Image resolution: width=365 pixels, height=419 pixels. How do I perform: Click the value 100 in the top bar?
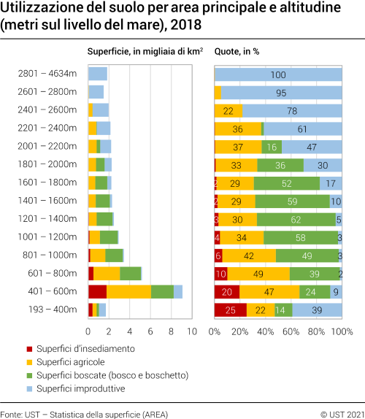(278, 74)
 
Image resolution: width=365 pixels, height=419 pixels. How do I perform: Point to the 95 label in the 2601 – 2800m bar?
(281, 92)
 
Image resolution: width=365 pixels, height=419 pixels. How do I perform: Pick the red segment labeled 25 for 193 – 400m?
(230, 310)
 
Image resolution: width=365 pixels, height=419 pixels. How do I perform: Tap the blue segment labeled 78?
(292, 110)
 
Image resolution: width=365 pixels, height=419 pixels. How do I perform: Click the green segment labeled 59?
(293, 201)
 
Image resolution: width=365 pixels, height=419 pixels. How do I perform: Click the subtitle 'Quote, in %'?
(237, 52)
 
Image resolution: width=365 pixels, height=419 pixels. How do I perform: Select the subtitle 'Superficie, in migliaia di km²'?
(145, 52)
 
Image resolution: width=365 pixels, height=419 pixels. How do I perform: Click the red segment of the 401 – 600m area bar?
(97, 291)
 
